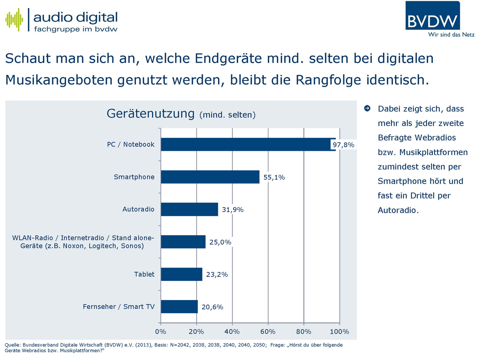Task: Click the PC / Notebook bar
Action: point(248,144)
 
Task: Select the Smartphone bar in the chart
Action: point(210,177)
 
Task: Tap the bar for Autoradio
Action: point(189,209)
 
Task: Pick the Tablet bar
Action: point(181,274)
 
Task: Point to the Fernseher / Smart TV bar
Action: point(179,307)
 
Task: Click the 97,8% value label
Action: point(343,145)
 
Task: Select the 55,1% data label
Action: point(274,177)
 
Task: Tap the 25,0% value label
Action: point(220,242)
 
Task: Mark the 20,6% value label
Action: point(212,307)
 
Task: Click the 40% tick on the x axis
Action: point(232,331)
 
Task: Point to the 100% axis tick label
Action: point(340,331)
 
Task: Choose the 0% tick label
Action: point(161,331)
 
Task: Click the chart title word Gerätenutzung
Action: point(151,114)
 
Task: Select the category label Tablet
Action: point(144,274)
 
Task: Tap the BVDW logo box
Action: point(432,16)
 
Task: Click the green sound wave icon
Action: point(14,20)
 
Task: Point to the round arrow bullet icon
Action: point(367,108)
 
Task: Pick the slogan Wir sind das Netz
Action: point(451,34)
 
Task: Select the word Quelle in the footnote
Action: point(12,345)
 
